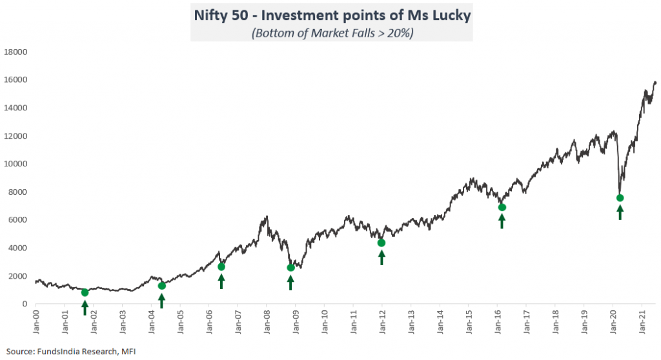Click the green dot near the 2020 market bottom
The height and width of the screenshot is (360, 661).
pyautogui.click(x=620, y=198)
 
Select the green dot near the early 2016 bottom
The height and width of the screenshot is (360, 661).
pyautogui.click(x=502, y=207)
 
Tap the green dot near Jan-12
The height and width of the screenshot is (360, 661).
pyautogui.click(x=381, y=243)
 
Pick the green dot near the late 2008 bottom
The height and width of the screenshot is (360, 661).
pyautogui.click(x=290, y=268)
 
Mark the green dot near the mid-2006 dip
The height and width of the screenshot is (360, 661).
pyautogui.click(x=221, y=266)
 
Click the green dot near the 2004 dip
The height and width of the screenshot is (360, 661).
pyautogui.click(x=162, y=286)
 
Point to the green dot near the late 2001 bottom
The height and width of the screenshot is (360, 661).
pyautogui.click(x=85, y=292)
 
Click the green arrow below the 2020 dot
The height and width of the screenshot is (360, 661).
pyautogui.click(x=620, y=212)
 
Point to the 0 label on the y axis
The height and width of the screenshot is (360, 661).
pyautogui.click(x=24, y=304)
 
